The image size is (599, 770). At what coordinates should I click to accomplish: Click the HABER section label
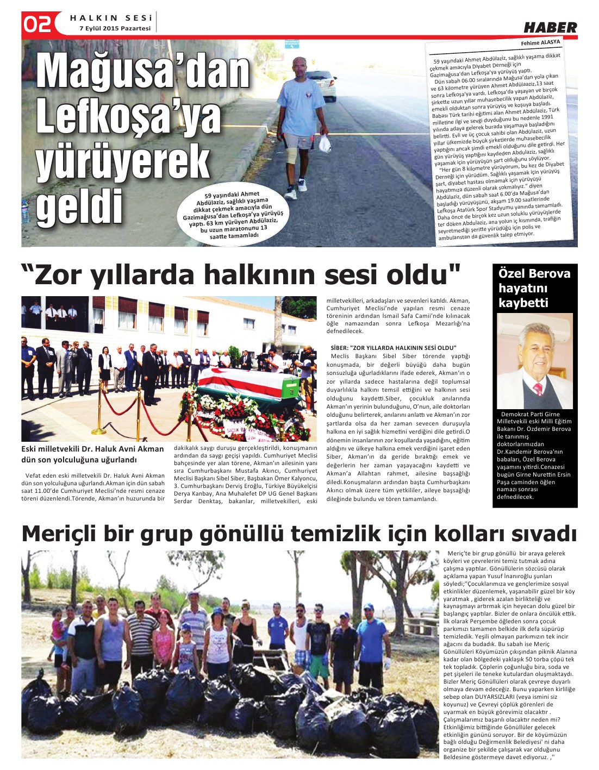550,27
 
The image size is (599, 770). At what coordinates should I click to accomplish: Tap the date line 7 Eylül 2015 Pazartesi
115,28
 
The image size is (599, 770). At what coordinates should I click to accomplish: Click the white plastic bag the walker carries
325,144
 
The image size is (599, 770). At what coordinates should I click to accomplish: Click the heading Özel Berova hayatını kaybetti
534,288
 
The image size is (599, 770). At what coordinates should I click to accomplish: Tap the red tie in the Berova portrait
538,389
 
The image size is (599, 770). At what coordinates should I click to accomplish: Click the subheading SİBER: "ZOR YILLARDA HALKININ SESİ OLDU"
394,348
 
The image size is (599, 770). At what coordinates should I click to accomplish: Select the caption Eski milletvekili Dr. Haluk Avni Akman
92,449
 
